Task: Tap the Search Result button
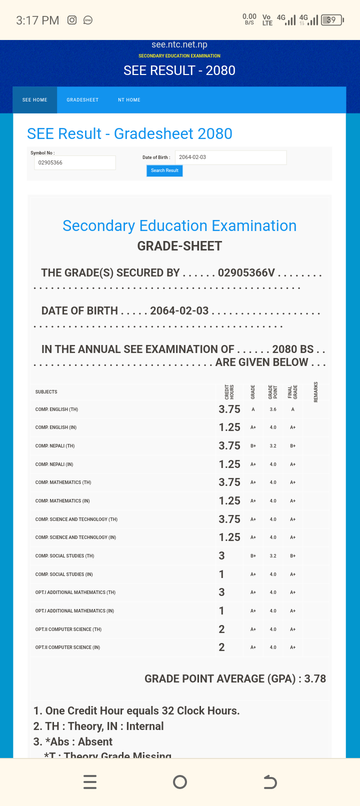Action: (164, 170)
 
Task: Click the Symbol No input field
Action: (74, 162)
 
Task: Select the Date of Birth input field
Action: (230, 157)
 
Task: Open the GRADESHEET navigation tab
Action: (82, 100)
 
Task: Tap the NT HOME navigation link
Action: (129, 100)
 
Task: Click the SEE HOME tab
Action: (35, 100)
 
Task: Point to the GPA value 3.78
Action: (315, 678)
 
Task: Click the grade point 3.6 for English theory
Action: (273, 409)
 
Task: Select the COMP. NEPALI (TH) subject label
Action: (55, 446)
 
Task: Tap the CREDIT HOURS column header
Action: (229, 391)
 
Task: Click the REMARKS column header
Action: (316, 391)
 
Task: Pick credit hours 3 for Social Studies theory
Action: (221, 556)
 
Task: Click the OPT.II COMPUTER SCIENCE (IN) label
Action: (67, 647)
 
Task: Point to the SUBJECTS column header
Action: (46, 392)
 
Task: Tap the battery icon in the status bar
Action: (332, 20)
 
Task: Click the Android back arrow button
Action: (270, 781)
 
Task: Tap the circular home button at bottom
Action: (180, 781)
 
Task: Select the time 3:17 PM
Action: (37, 20)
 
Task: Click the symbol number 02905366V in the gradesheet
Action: (246, 272)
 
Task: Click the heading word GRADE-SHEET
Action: (179, 246)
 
